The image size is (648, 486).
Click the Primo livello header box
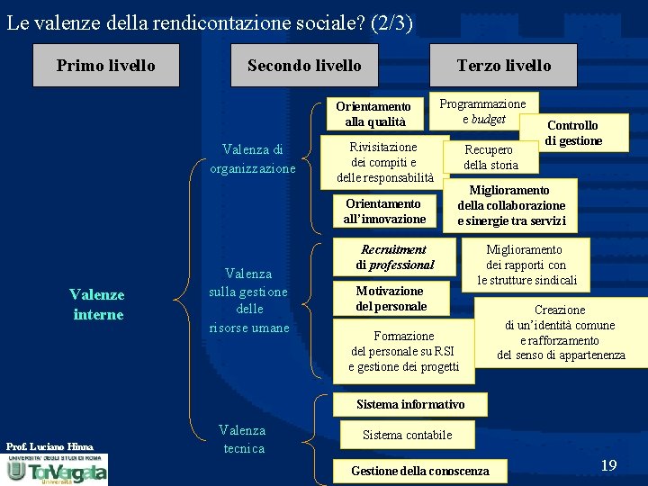pos(105,66)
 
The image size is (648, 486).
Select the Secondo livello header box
pos(304,66)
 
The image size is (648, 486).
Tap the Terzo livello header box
pos(503,66)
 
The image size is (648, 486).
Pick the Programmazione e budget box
pos(483,112)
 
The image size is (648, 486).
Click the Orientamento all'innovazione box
pos(384,211)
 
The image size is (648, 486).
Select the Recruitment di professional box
pos(393,257)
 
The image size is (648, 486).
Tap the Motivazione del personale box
pos(389,299)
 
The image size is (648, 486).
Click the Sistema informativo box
pos(411,405)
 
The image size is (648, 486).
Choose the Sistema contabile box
pos(407,436)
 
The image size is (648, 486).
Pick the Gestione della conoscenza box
pos(420,471)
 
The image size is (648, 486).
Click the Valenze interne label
pos(97,304)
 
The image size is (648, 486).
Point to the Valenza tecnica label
pos(243,439)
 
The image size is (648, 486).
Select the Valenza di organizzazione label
pos(253,159)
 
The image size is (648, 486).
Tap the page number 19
pos(608,465)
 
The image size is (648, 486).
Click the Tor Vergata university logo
pos(56,469)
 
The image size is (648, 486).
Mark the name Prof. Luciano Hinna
pos(49,446)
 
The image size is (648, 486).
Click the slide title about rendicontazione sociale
pos(210,22)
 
